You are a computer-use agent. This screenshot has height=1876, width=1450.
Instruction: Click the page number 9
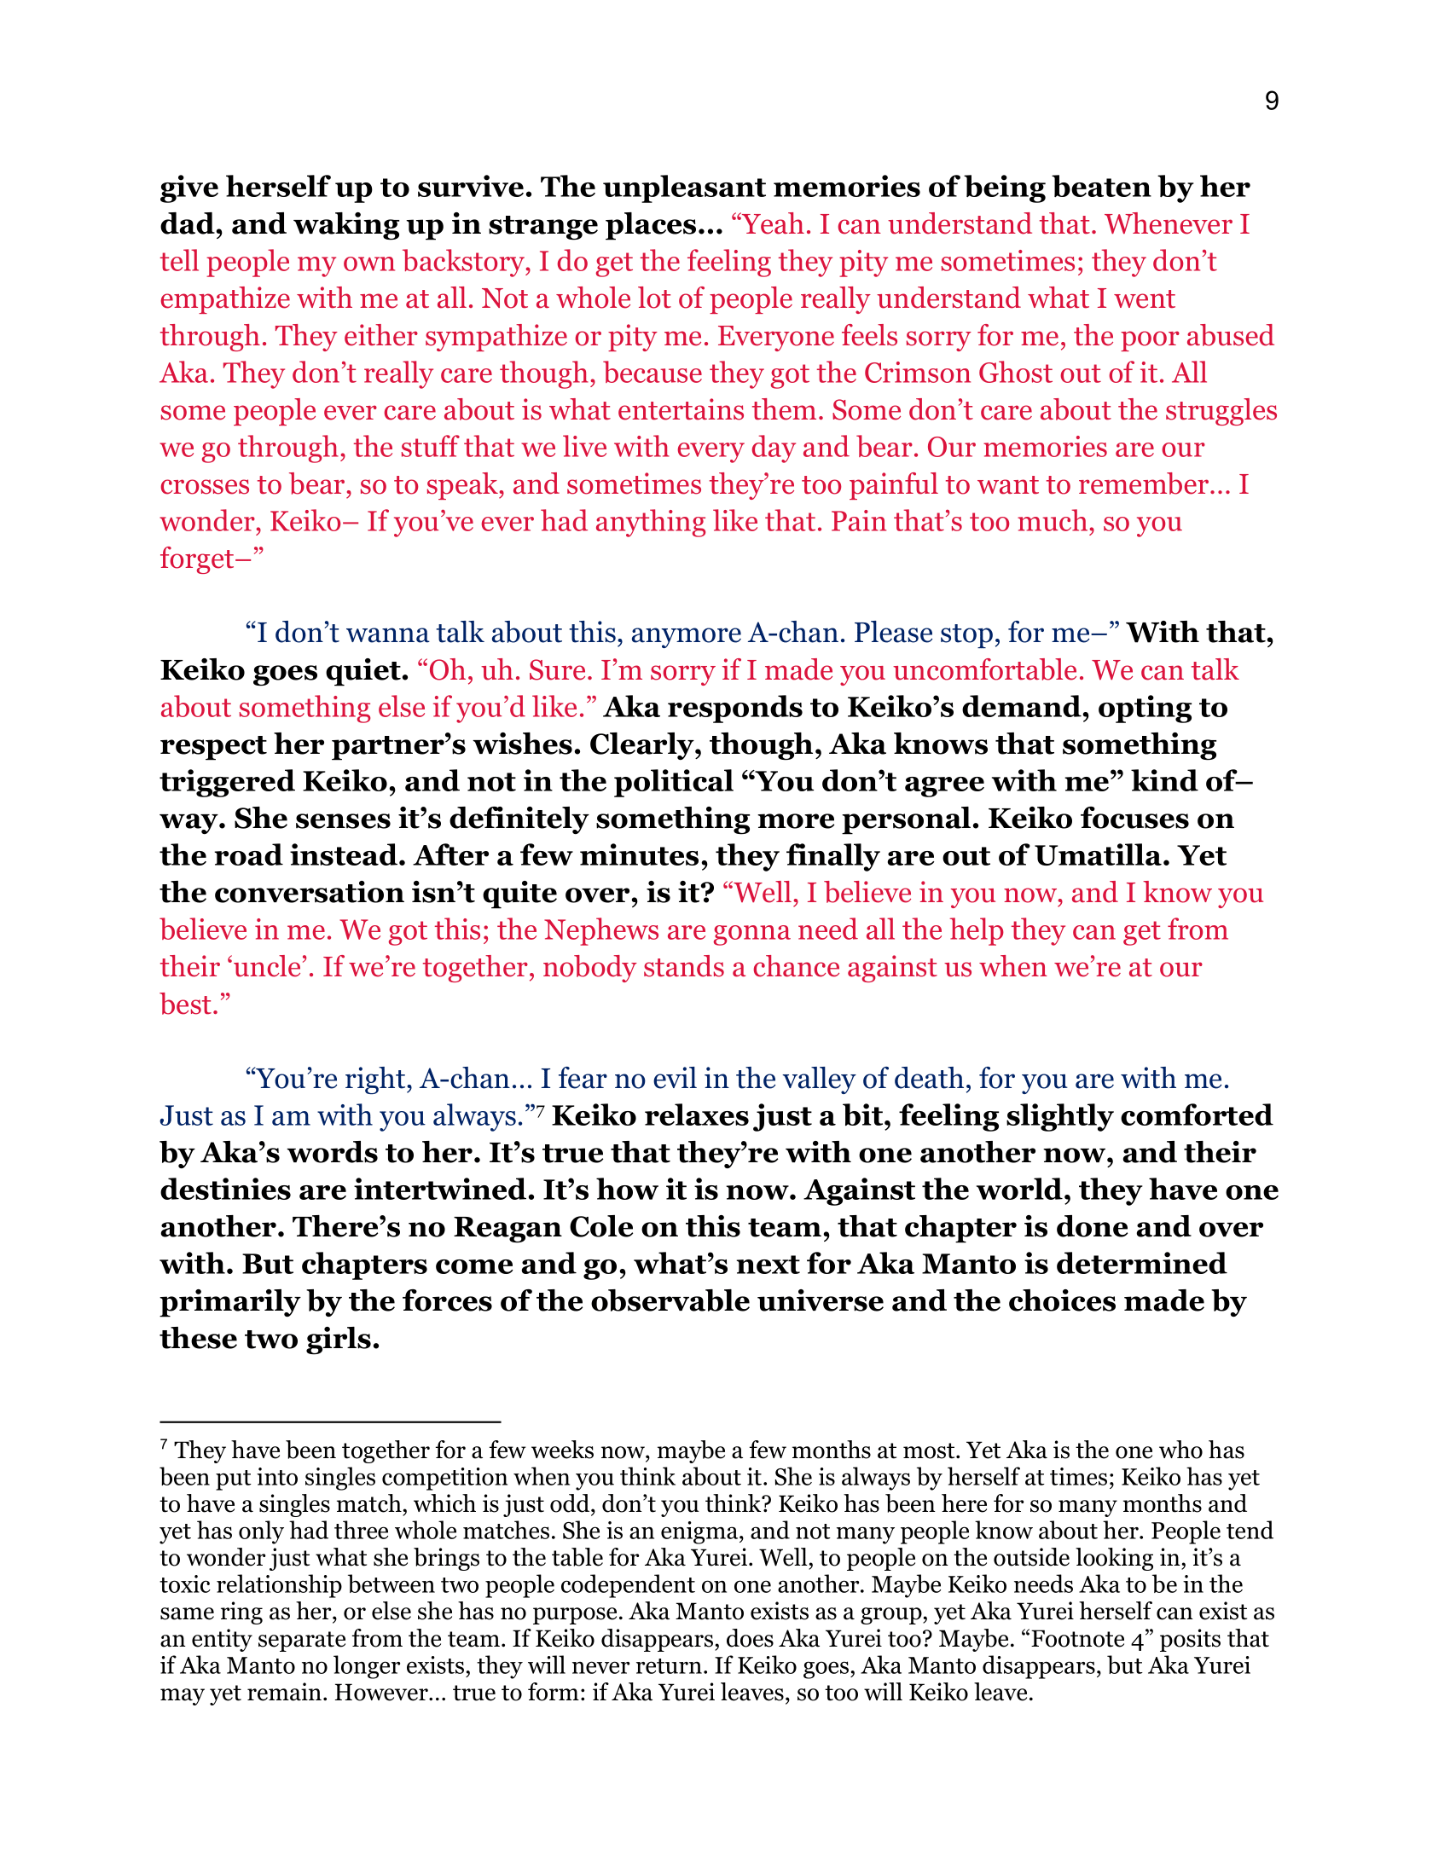1272,101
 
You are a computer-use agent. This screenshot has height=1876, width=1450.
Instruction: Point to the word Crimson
917,373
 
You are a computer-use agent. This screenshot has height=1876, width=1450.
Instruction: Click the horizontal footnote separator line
330,1422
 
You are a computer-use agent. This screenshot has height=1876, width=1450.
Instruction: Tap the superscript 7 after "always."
540,1111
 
